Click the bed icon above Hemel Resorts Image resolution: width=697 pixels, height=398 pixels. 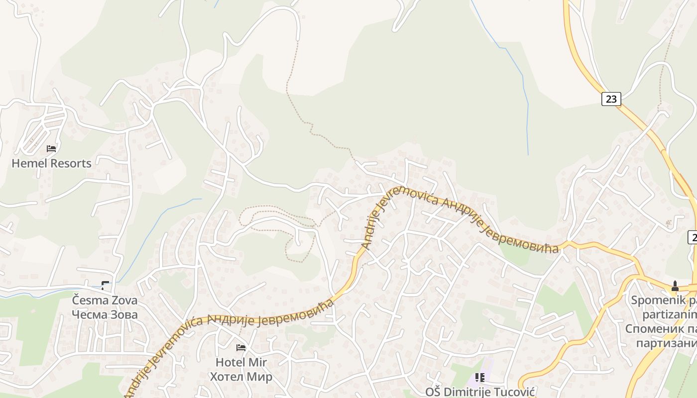point(51,148)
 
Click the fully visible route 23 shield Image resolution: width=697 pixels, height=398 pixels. point(611,99)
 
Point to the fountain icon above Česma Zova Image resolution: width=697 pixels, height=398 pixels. point(105,286)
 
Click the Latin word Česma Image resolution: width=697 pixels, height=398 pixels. point(89,300)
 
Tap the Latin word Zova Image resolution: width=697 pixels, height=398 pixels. point(122,300)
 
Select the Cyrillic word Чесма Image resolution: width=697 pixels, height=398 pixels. point(89,314)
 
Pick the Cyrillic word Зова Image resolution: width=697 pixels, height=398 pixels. point(122,314)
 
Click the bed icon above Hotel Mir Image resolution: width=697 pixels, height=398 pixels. point(241,347)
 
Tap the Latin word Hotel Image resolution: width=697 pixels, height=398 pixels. point(231,362)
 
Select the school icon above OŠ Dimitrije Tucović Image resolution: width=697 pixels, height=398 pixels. point(480,378)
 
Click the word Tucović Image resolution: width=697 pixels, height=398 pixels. point(515,392)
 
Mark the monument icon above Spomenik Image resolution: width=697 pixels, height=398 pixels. point(675,286)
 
